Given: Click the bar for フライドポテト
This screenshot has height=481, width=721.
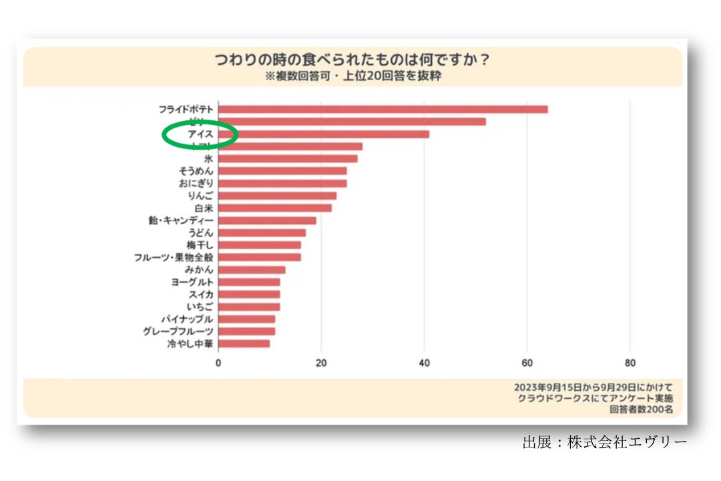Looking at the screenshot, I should point(383,110).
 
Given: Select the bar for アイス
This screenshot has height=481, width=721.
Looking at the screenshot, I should point(324,134).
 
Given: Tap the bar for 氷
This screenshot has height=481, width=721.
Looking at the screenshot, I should point(288,159).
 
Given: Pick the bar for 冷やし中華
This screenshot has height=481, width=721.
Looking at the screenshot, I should point(244,344).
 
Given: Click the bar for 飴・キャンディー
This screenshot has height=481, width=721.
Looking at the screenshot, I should point(267,220).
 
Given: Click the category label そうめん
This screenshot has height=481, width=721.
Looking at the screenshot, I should point(192,171).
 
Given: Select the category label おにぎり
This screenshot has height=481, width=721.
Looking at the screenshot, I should point(192,184).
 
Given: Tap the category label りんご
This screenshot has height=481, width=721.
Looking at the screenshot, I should point(200,196).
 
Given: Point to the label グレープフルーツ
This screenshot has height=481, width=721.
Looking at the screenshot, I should point(178,331).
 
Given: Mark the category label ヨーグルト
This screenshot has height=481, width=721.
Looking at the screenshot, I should point(192,282).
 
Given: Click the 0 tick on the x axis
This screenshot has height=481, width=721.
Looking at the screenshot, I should point(218,363).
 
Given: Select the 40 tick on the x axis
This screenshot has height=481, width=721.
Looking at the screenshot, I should point(424,363).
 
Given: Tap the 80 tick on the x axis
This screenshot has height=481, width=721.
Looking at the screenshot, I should point(630,363).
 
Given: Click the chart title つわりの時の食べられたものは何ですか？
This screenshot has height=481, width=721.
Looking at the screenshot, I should point(352,60).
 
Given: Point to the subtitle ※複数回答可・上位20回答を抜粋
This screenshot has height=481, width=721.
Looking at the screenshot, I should point(352,76).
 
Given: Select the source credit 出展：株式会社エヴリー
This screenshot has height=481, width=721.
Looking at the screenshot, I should point(604,442).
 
